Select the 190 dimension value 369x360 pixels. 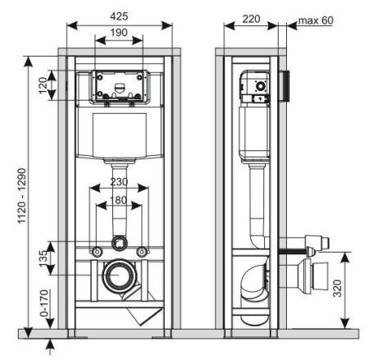120,33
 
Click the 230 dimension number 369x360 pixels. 120,182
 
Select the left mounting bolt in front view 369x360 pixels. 98,250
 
